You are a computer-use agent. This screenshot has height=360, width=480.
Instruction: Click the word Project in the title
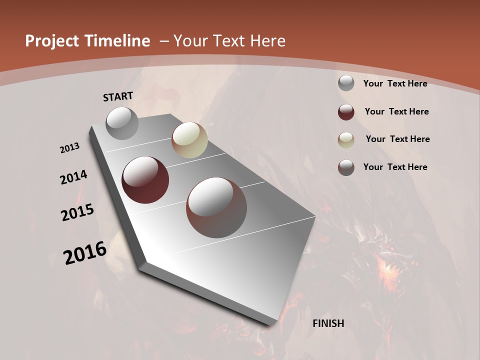click(x=53, y=41)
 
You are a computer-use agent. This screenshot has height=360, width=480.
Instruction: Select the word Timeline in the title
click(x=117, y=41)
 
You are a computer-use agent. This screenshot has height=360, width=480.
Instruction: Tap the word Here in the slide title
click(x=267, y=41)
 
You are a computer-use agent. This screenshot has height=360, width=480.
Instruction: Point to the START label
click(x=118, y=96)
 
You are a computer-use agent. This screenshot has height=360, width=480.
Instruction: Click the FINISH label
click(x=328, y=323)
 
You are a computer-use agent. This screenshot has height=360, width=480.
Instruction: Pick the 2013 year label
click(x=69, y=148)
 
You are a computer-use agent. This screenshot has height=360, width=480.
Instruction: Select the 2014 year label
click(x=73, y=177)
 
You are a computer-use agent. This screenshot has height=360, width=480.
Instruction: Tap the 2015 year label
click(x=77, y=213)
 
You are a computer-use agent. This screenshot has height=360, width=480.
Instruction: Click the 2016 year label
click(x=85, y=252)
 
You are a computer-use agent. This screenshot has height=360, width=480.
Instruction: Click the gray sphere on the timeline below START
click(x=122, y=123)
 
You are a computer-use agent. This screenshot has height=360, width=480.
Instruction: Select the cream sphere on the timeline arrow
click(x=189, y=140)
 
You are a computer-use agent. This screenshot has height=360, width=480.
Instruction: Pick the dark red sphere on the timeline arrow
click(x=145, y=180)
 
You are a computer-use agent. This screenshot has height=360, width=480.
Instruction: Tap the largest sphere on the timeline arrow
click(x=216, y=207)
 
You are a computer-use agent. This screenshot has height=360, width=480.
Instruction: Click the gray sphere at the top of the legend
click(x=346, y=83)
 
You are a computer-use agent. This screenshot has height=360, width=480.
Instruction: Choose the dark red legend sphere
click(x=346, y=112)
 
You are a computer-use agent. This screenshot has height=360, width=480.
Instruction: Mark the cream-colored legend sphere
click(x=346, y=140)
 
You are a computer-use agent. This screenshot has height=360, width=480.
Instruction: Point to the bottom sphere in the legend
click(x=346, y=167)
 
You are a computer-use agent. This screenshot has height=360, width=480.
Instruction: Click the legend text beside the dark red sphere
click(x=396, y=111)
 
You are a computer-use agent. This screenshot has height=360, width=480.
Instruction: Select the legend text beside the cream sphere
click(x=397, y=139)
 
